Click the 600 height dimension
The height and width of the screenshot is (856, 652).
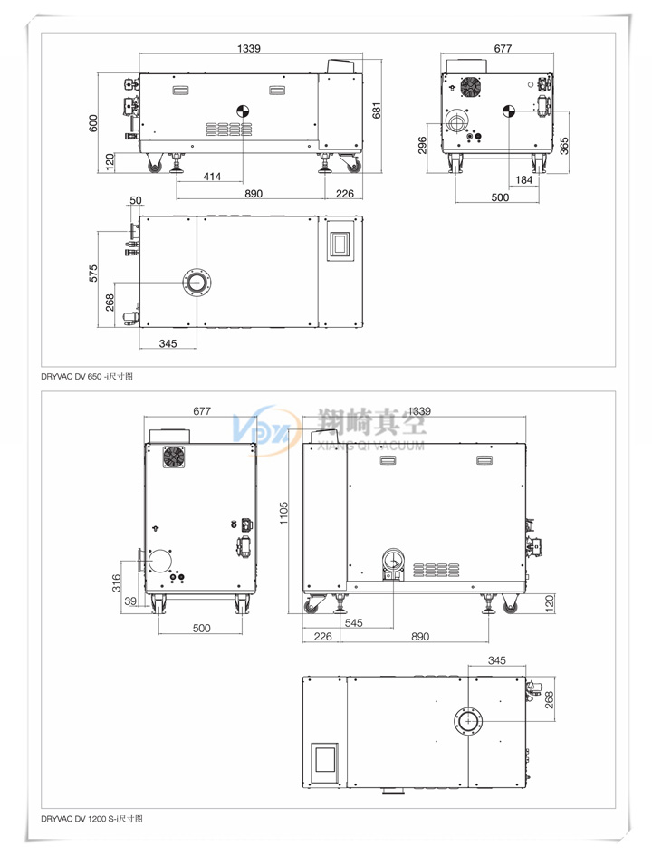click(x=93, y=123)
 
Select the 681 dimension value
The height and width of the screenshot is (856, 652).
click(x=377, y=111)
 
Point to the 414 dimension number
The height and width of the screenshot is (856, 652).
click(x=212, y=177)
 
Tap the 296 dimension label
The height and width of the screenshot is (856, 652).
click(x=422, y=145)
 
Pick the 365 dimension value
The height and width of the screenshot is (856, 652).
click(x=564, y=146)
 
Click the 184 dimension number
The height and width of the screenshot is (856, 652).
click(x=523, y=179)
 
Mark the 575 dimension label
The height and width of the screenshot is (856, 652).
click(x=93, y=273)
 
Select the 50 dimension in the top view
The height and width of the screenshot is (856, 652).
click(x=135, y=200)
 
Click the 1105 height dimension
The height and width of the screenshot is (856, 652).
click(x=283, y=514)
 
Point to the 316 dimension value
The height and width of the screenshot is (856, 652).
click(x=116, y=582)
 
